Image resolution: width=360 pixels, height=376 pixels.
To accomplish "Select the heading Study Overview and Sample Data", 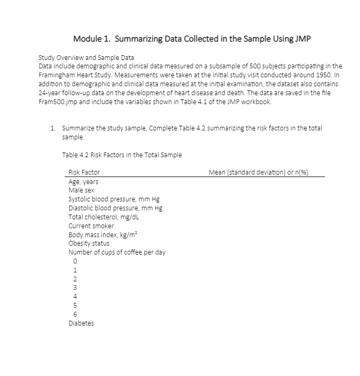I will pos(87,57).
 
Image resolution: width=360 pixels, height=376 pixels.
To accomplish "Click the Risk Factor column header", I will pos(84,172).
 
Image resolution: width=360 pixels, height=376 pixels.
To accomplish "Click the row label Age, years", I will pos(83,181).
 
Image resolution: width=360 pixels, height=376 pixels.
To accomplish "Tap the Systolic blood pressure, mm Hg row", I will pos(114,199).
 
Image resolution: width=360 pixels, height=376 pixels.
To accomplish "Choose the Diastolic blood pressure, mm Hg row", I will pos(115,208).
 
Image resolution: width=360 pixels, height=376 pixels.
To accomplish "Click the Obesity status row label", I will pos(89,243).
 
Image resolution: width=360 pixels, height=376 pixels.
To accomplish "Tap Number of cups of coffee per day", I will pos(117,252).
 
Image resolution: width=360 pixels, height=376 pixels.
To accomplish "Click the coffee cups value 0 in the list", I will pos(76,261).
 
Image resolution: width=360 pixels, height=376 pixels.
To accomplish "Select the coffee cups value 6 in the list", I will pos(76,314).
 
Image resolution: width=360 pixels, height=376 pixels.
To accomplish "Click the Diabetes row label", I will pos(81,323).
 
